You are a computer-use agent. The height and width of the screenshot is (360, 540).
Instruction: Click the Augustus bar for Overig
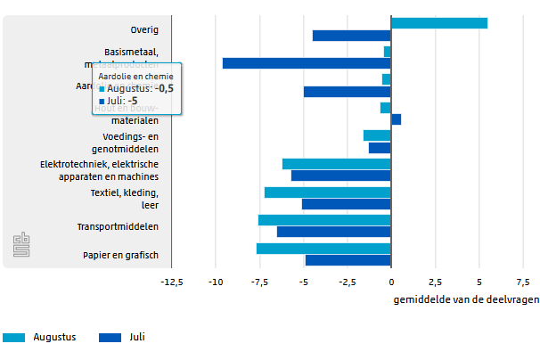click(438, 23)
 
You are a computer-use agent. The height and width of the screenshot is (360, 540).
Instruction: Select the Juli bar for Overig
click(351, 36)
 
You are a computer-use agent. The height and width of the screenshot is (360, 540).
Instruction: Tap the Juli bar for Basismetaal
click(307, 63)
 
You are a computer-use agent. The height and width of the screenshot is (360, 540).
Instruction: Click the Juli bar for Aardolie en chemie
click(347, 91)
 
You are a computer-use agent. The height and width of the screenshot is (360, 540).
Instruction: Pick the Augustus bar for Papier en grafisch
click(323, 249)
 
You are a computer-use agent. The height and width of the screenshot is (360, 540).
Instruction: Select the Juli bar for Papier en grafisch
click(348, 260)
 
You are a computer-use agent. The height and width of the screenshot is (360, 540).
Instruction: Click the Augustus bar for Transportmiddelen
click(324, 220)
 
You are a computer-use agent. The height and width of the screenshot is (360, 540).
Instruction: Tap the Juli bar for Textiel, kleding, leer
click(346, 204)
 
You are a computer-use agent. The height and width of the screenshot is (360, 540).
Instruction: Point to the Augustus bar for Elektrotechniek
click(336, 164)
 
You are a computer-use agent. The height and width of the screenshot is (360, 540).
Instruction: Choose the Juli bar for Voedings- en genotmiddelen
click(380, 148)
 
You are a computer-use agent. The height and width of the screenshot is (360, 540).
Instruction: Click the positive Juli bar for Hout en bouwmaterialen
click(396, 119)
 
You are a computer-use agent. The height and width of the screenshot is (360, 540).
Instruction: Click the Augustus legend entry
click(40, 338)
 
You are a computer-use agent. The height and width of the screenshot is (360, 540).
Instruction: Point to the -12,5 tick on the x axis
click(171, 282)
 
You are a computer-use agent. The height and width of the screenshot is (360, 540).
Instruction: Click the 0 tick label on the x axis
click(391, 282)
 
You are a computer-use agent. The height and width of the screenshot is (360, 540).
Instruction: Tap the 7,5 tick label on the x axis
click(523, 282)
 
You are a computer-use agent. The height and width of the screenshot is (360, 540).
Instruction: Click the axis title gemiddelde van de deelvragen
click(465, 299)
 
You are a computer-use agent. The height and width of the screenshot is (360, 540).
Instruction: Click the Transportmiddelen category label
click(130, 226)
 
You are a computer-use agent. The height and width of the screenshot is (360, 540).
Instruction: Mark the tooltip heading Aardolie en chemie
click(135, 77)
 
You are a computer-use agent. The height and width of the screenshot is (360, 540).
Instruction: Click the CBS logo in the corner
click(21, 247)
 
